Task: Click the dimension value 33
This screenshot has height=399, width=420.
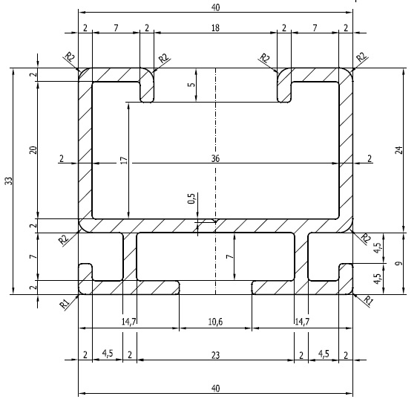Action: coord(9,181)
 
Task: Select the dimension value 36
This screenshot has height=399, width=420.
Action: coord(215,158)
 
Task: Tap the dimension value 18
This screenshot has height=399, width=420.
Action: coord(215,27)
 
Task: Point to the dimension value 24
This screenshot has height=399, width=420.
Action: coord(399,150)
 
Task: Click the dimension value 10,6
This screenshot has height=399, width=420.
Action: coord(215,322)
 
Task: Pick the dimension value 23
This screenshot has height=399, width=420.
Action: coord(215,355)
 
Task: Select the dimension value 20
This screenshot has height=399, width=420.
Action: coord(33,150)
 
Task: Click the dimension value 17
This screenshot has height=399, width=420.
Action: coord(125,160)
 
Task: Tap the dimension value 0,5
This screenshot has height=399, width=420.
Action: coord(191,198)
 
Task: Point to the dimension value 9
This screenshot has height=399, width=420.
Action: coord(399,263)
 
